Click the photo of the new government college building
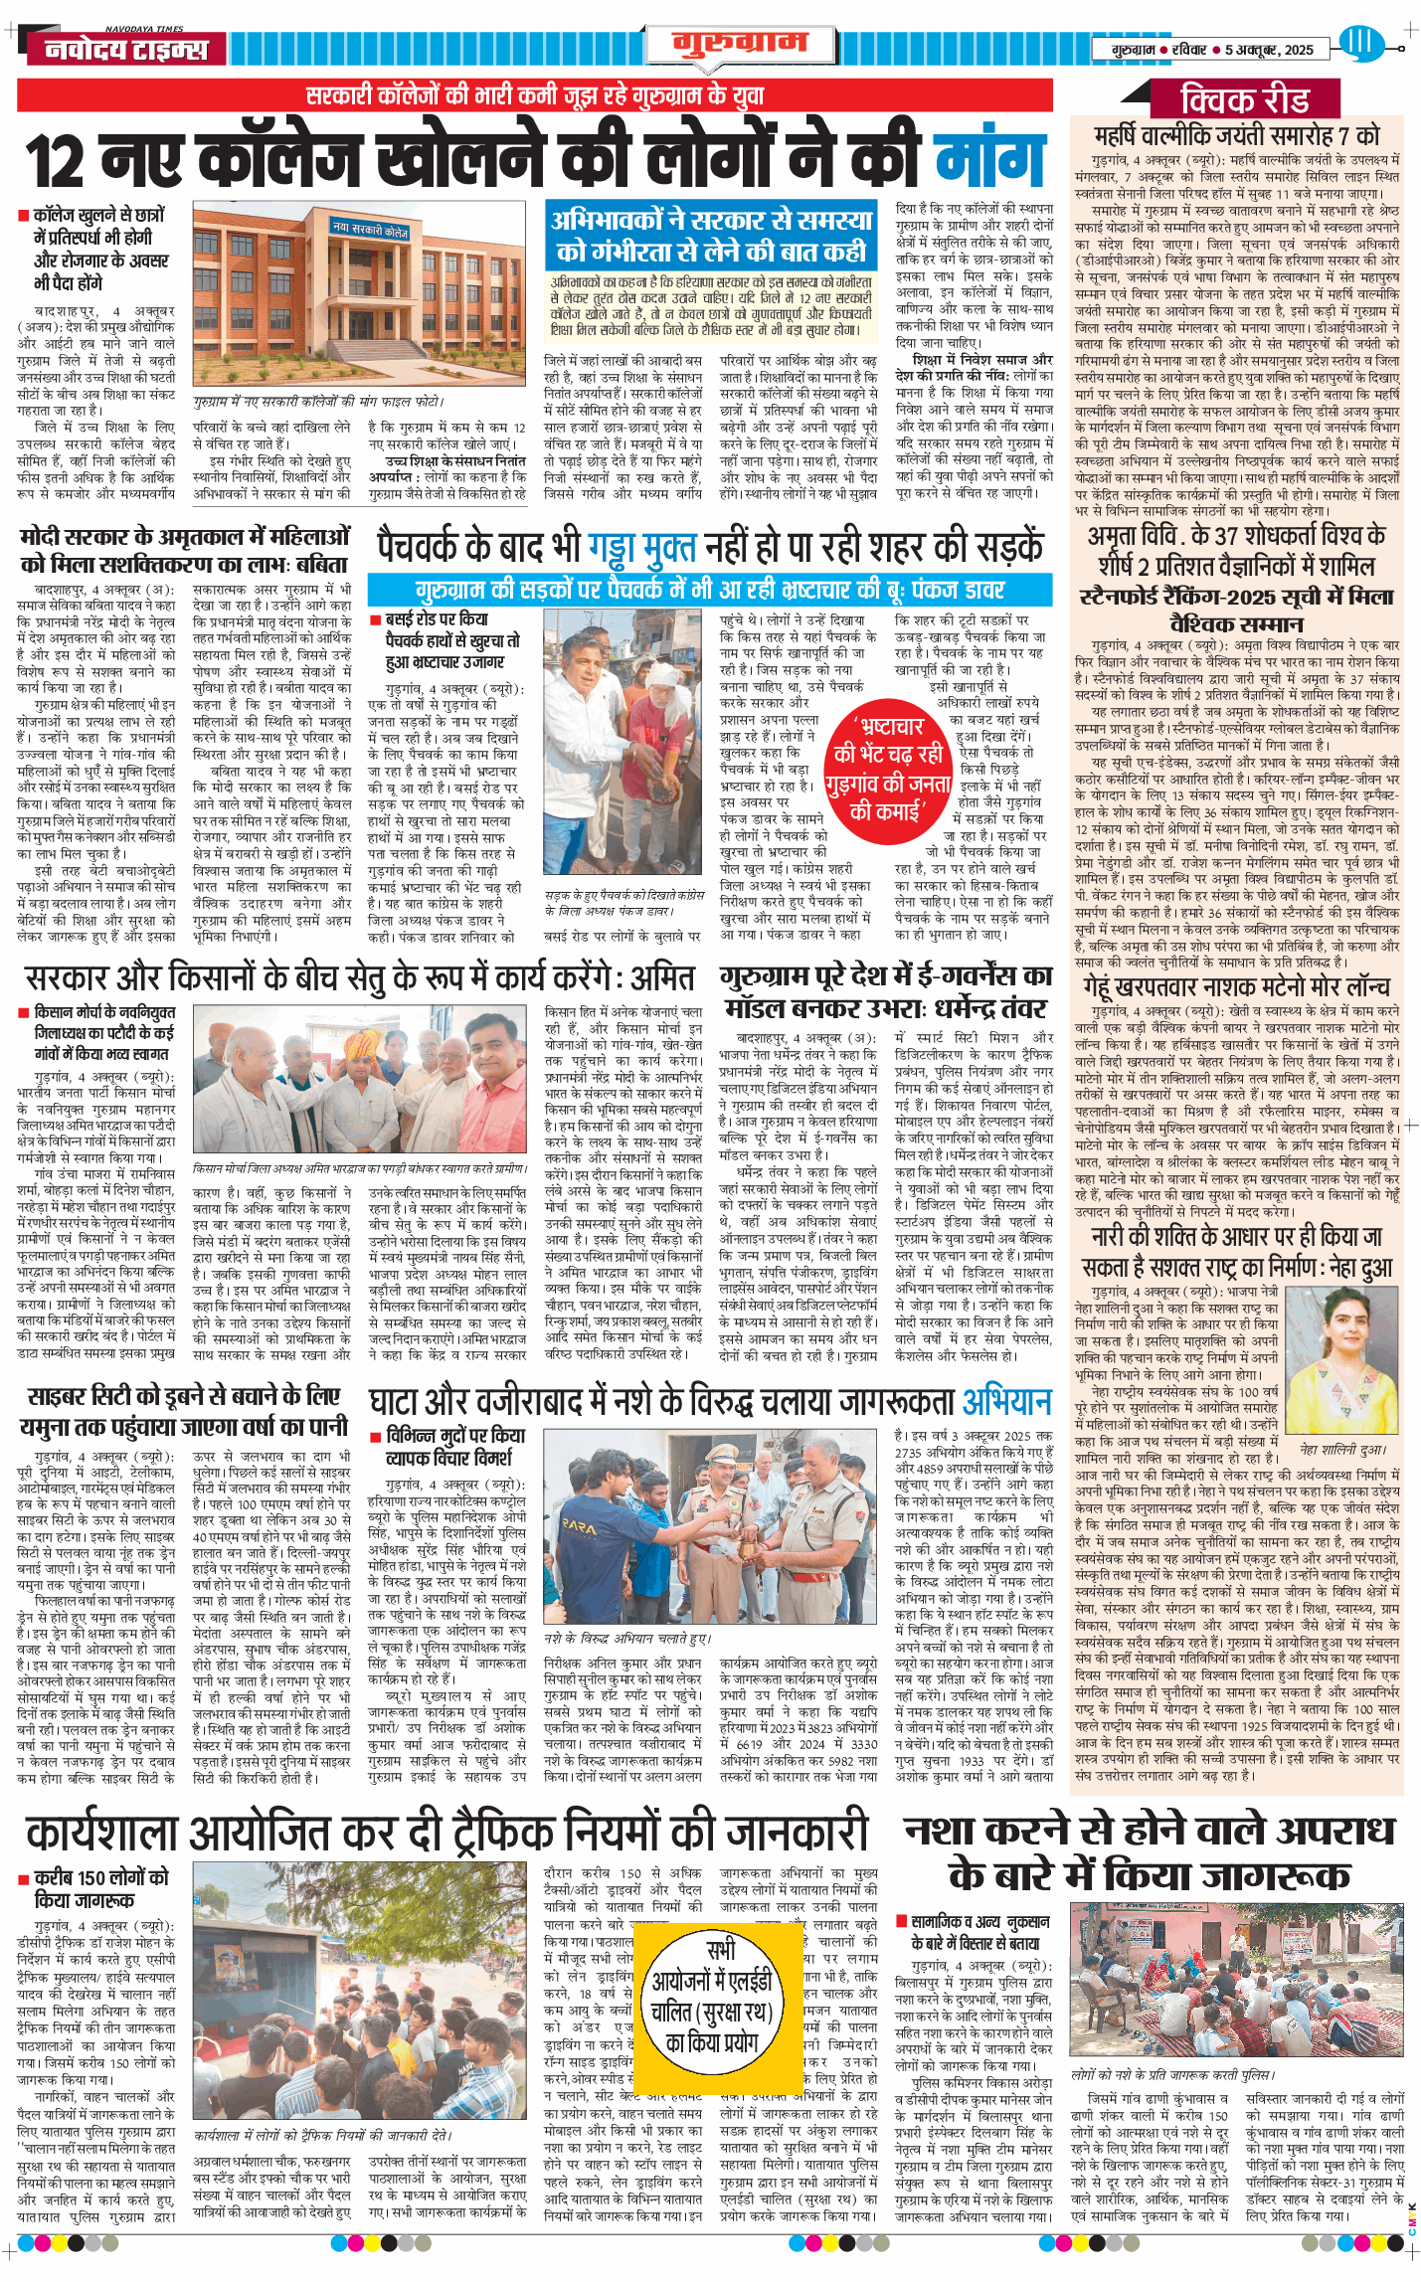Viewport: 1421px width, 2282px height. coord(364,298)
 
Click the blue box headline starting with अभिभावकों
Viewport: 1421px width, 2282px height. coord(710,237)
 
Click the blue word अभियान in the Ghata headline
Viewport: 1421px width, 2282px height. coord(1006,1402)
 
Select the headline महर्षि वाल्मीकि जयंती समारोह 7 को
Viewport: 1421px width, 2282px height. coord(1236,135)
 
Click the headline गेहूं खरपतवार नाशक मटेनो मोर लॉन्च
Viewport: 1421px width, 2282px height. coord(1236,986)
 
